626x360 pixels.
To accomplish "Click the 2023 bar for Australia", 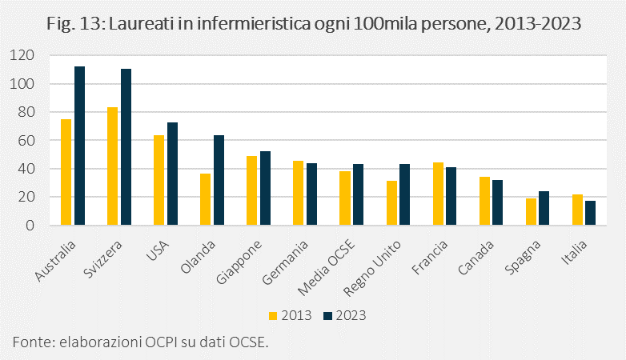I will tap(79, 146).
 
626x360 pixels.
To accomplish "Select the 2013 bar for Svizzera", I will tap(113, 166).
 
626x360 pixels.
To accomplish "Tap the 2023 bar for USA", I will tap(172, 174).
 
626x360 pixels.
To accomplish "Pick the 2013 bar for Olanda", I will tap(206, 199).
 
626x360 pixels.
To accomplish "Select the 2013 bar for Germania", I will tap(299, 193).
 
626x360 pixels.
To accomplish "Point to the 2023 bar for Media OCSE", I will tap(358, 194).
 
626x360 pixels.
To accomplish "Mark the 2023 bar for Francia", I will tap(451, 196).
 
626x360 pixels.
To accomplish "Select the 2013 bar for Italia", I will tap(577, 210).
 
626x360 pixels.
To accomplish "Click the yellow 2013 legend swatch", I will tap(272, 315).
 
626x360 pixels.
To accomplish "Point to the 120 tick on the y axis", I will tap(23, 55).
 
